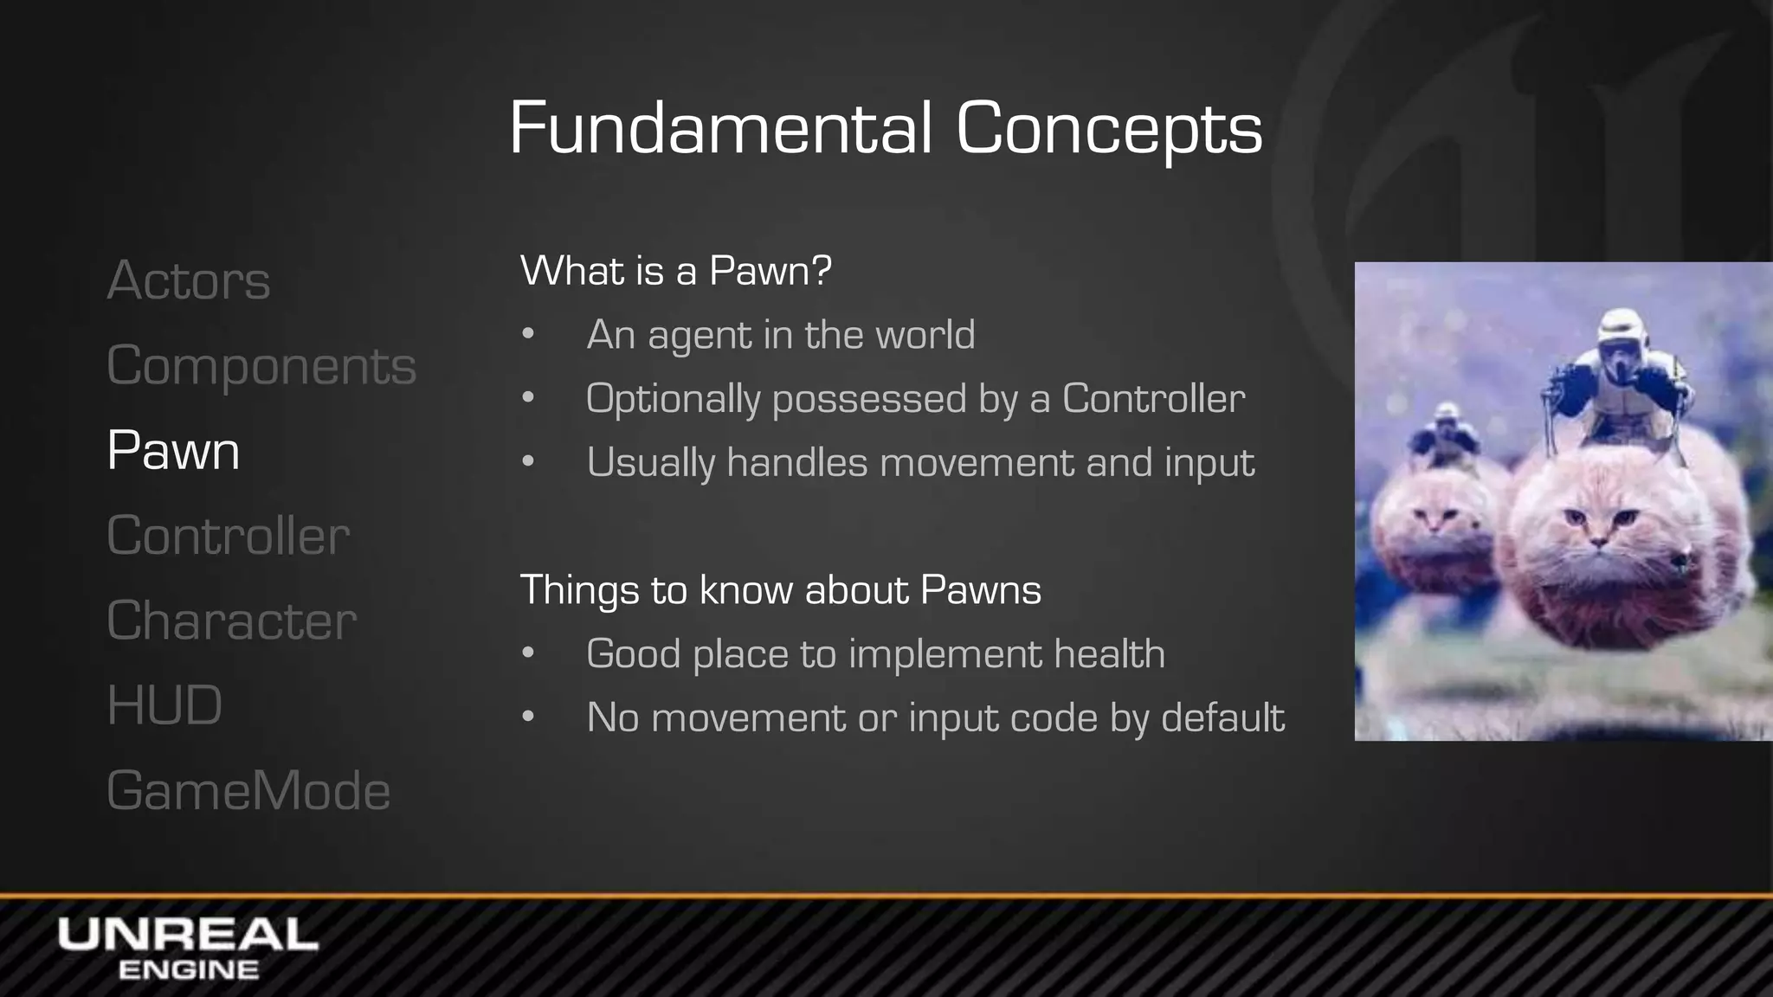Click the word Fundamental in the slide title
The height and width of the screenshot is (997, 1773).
(x=720, y=128)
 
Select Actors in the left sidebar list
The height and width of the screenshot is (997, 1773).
(x=189, y=280)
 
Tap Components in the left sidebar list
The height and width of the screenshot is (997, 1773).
(x=261, y=365)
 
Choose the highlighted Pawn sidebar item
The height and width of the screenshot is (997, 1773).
(x=173, y=450)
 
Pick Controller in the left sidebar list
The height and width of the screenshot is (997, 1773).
(x=229, y=535)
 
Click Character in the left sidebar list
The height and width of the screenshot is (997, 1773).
(x=232, y=620)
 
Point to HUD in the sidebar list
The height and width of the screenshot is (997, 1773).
(x=164, y=704)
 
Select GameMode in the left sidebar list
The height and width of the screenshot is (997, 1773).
(x=248, y=790)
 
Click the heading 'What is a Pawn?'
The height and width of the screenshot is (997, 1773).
(x=675, y=271)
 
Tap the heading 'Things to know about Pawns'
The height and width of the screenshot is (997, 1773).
(x=780, y=590)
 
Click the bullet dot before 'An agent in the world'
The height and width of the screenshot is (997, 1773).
(x=528, y=335)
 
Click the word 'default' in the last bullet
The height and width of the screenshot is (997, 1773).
(x=1222, y=717)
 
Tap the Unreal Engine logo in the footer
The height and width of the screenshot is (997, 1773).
(x=188, y=947)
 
